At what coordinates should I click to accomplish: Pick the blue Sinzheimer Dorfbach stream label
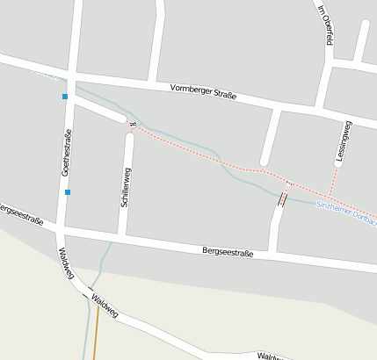345,205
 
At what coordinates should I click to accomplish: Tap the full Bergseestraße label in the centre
227,253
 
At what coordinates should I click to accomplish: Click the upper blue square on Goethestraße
65,97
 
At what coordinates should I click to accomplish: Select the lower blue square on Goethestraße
68,191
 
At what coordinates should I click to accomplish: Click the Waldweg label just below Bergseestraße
65,263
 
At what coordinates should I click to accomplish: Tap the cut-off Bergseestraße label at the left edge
20,212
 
